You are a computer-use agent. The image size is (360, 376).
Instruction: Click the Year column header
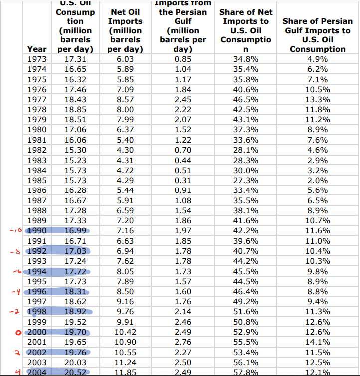point(37,49)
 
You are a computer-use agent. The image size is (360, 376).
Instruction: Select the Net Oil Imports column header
point(125,30)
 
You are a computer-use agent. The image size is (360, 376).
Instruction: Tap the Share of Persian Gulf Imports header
point(317,35)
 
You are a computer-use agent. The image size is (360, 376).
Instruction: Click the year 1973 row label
point(37,59)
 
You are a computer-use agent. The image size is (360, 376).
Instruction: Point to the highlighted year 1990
point(37,230)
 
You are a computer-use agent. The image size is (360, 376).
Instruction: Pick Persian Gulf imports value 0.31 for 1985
point(182,180)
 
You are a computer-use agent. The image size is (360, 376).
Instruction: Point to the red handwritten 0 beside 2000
point(16,332)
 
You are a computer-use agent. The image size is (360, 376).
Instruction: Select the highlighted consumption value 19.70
point(76,332)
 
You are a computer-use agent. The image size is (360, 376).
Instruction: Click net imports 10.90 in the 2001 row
point(125,342)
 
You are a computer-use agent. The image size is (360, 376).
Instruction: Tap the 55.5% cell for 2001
point(245,342)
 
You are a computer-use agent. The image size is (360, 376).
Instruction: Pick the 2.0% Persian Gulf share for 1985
point(317,180)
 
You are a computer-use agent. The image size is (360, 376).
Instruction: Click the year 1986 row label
point(37,190)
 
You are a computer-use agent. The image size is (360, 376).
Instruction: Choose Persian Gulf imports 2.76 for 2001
point(182,342)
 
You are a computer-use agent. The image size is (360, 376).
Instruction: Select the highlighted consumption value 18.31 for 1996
point(76,291)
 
